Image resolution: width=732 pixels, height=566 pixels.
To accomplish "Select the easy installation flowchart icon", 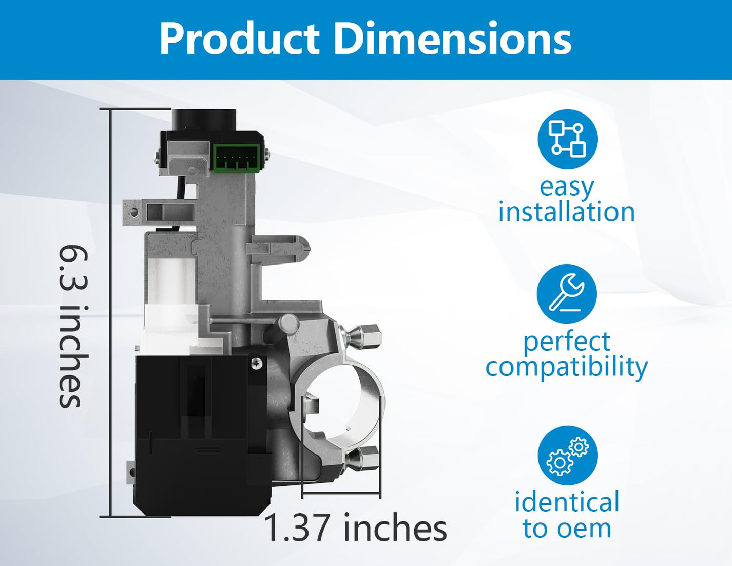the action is (567, 139).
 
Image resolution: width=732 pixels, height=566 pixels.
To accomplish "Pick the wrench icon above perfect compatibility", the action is (566, 294).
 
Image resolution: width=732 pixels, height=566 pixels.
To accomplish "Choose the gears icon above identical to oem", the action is (567, 455).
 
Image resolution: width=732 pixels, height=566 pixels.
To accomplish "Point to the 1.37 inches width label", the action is (356, 527).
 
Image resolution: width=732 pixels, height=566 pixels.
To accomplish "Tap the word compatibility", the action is (566, 368).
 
